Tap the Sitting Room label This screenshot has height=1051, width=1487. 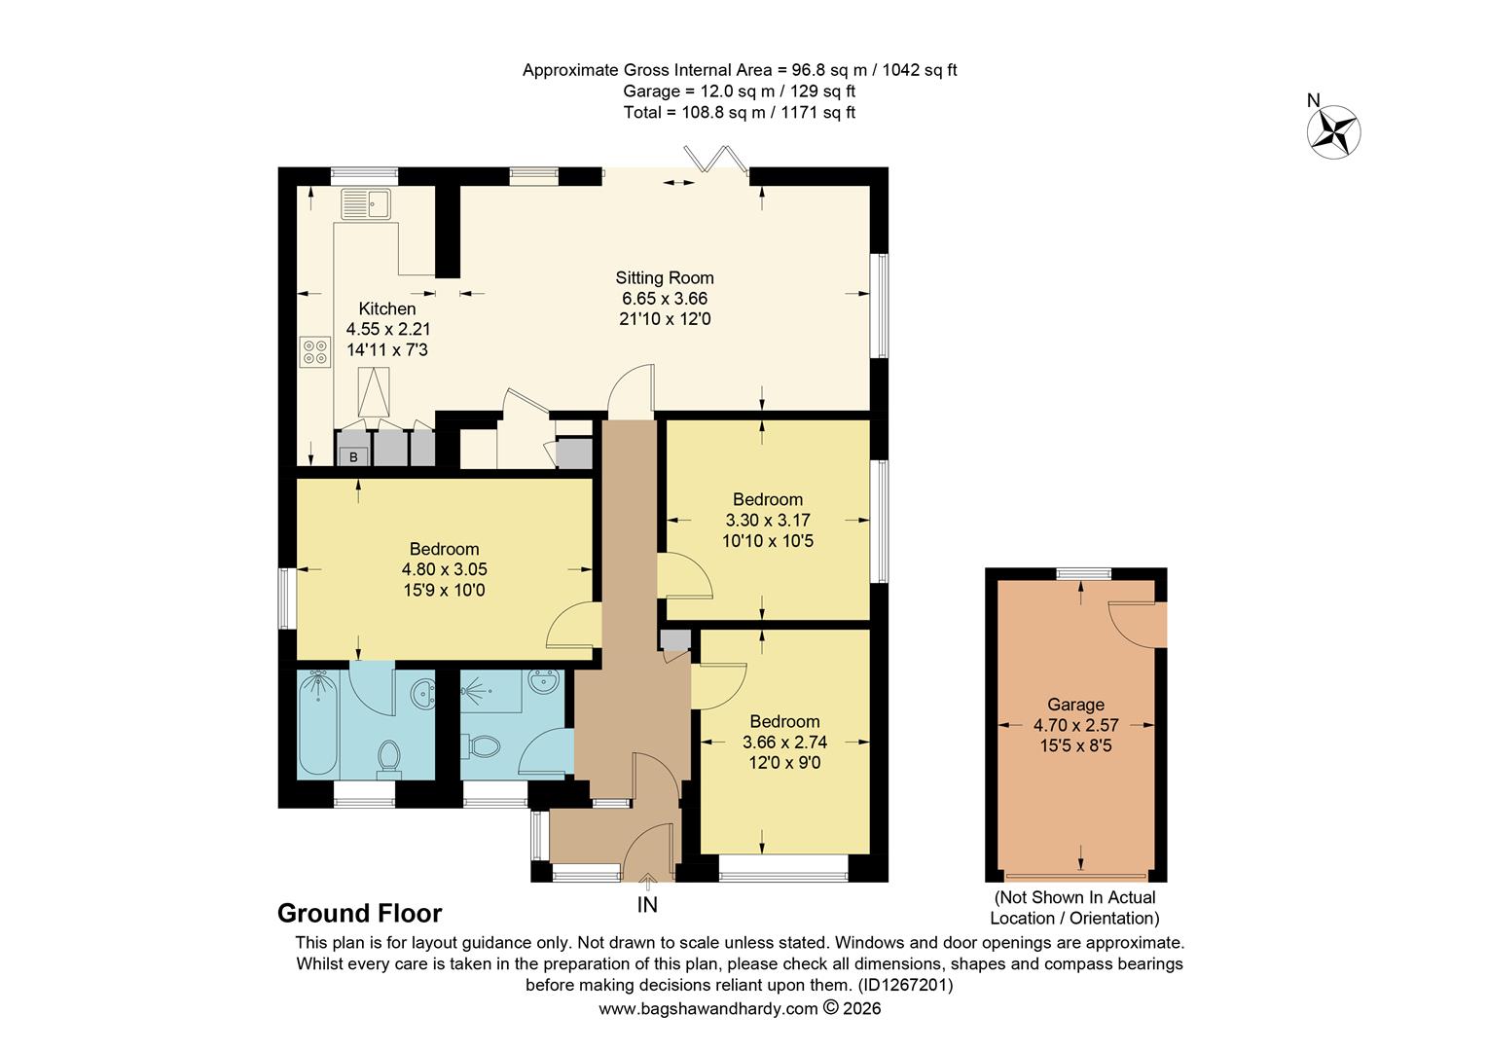(x=664, y=277)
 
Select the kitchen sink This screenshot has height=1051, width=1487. (x=365, y=204)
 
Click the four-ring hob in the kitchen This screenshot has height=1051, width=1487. (x=314, y=351)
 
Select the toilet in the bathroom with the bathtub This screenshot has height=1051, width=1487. (x=389, y=757)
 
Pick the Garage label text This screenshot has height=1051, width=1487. (x=1075, y=705)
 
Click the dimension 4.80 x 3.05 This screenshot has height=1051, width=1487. (x=444, y=569)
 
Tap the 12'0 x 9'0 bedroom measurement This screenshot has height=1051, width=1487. (x=783, y=763)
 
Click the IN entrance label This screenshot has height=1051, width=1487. (x=647, y=905)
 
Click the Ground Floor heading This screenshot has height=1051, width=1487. (x=359, y=914)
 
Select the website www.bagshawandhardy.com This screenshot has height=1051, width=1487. (x=707, y=1009)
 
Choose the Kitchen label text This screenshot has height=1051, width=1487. (x=387, y=308)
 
